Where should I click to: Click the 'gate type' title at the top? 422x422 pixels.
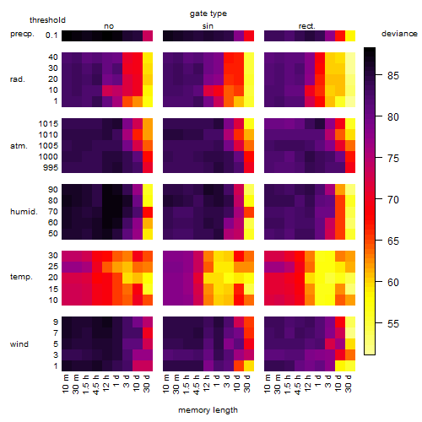click(208, 14)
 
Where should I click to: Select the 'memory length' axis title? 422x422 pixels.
click(208, 410)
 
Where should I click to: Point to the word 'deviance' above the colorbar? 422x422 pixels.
click(399, 34)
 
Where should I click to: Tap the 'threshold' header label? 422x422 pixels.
click(47, 20)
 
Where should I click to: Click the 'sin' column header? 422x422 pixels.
click(208, 26)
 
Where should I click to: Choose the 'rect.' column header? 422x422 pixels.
click(307, 26)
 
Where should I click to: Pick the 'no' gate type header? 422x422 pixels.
click(109, 26)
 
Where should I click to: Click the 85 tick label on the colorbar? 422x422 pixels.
click(393, 76)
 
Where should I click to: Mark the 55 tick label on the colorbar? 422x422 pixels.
click(393, 324)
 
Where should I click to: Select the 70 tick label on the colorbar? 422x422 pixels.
click(393, 200)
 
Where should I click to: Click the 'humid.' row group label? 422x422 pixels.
click(24, 212)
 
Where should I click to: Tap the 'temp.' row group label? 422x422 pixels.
click(21, 277)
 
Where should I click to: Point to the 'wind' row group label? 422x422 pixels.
click(19, 344)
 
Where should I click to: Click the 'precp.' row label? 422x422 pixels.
click(22, 34)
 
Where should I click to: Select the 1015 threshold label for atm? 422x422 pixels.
click(48, 124)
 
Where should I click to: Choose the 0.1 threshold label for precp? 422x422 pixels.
click(51, 35)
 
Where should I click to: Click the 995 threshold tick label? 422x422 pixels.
click(51, 168)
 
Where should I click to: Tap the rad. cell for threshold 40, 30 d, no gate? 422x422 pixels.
click(148, 57)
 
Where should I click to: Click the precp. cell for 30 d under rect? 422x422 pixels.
click(350, 35)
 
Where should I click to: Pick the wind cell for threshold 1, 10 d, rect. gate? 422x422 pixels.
click(340, 365)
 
